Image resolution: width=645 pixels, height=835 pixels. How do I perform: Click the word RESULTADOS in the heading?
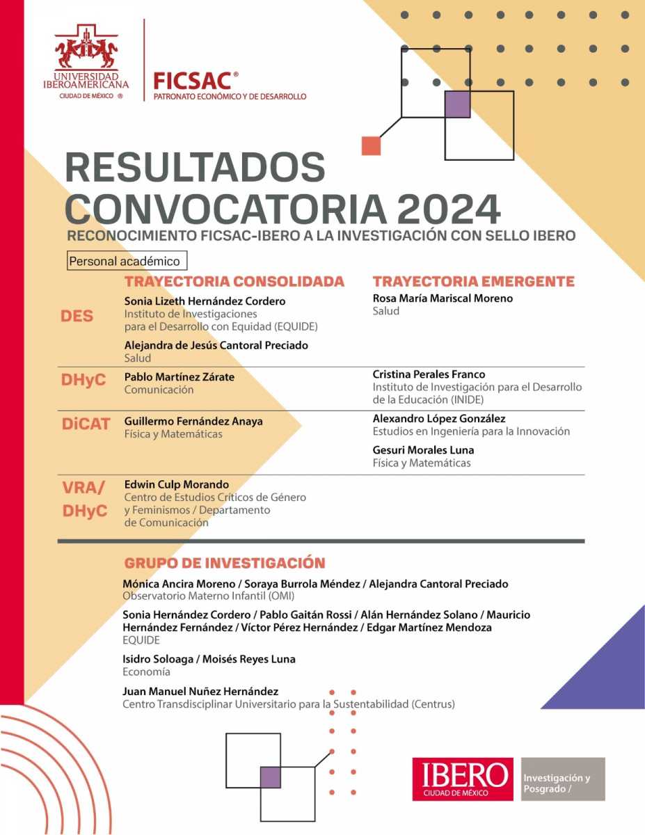(x=195, y=168)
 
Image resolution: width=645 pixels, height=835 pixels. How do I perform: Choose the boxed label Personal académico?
(x=127, y=262)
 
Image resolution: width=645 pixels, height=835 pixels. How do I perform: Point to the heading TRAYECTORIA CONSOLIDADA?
(x=234, y=282)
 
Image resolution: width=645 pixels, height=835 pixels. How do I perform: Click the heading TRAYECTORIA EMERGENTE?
(x=473, y=282)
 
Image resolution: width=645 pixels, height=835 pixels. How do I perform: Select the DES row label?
(x=77, y=316)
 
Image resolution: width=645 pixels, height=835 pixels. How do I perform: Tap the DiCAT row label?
(x=86, y=423)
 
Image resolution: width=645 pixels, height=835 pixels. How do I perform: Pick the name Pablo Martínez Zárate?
(x=179, y=377)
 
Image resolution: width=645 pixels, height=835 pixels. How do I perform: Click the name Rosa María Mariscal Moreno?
(x=443, y=299)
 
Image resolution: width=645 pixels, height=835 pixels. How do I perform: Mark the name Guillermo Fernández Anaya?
(x=193, y=421)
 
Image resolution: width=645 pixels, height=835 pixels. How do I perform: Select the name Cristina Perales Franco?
(x=429, y=374)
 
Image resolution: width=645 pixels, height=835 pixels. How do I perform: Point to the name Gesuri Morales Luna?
(x=423, y=450)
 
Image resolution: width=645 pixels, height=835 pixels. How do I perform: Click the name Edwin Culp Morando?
(x=176, y=484)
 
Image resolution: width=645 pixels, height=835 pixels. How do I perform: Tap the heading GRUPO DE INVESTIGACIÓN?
(x=224, y=563)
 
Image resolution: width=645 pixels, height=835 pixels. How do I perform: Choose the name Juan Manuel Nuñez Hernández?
(x=200, y=691)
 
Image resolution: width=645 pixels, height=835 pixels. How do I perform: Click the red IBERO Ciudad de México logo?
(x=462, y=779)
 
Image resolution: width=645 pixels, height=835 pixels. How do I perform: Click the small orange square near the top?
(x=372, y=145)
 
